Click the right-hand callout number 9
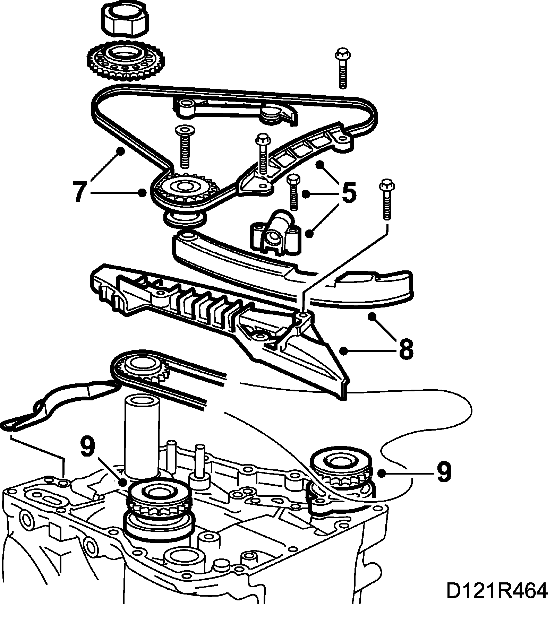pyautogui.click(x=444, y=472)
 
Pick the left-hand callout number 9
pyautogui.click(x=87, y=447)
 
